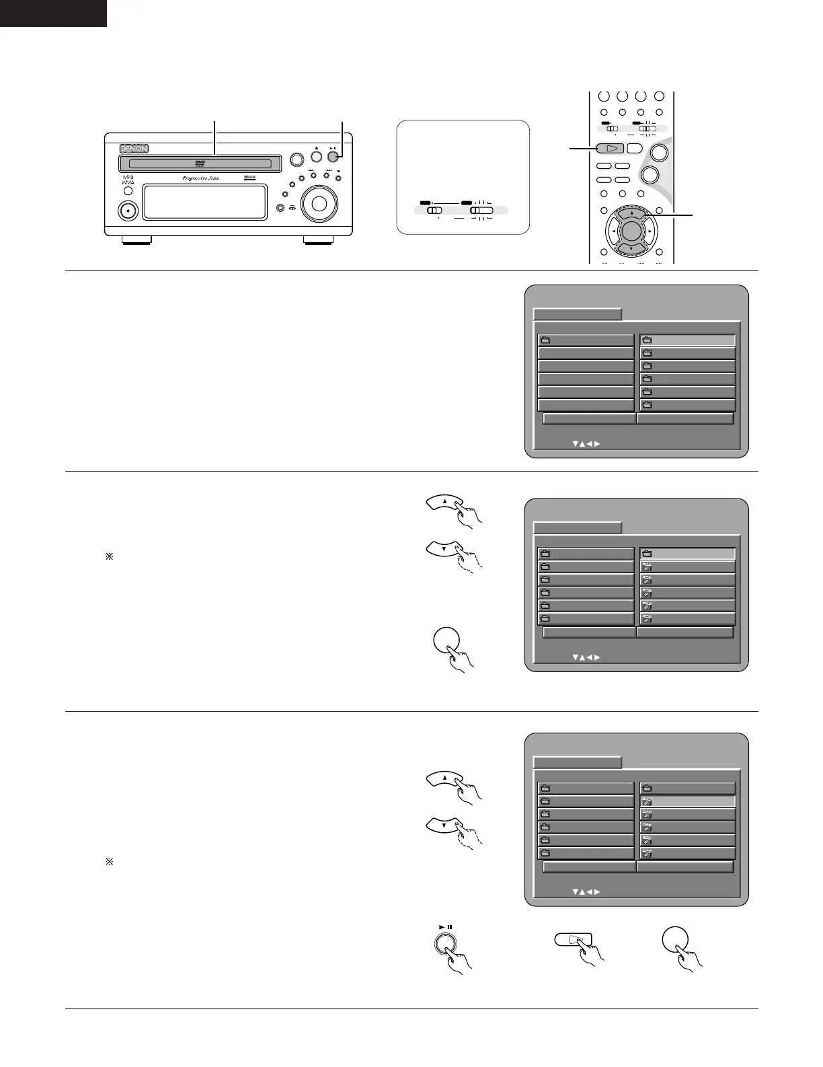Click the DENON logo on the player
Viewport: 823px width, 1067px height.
coord(134,149)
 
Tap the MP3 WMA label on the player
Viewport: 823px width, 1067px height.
coord(128,179)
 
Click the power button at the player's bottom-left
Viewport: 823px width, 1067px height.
coord(127,211)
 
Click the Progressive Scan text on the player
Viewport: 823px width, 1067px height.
coord(200,178)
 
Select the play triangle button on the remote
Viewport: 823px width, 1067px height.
coord(611,149)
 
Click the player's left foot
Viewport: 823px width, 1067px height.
coord(136,240)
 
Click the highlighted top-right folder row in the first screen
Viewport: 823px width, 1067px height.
coord(687,340)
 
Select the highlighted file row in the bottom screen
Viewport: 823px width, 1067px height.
coord(687,801)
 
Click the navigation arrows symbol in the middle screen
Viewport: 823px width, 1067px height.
coord(586,657)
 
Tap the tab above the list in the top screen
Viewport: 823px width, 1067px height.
coord(577,314)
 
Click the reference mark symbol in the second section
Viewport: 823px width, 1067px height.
coord(110,557)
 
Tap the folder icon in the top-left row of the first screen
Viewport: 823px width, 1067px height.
coord(545,340)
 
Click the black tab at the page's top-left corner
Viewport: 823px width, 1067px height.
coord(53,13)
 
